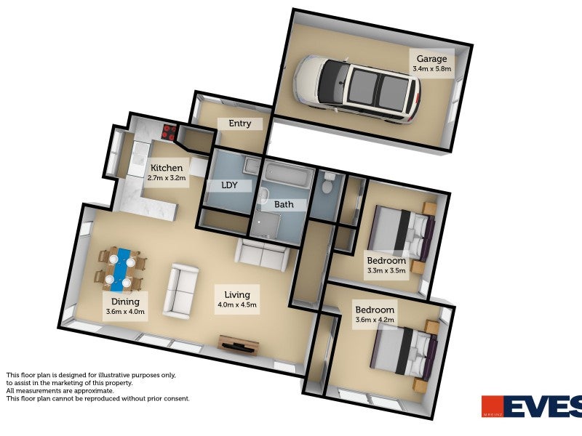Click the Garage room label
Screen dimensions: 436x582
(432, 59)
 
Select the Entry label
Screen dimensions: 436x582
(240, 124)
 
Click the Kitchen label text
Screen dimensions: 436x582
(167, 168)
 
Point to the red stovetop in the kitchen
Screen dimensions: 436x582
(169, 132)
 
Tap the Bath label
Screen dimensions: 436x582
(284, 204)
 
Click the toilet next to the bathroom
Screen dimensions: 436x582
(327, 186)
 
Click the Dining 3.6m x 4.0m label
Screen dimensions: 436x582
(125, 307)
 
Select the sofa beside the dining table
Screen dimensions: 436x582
(180, 291)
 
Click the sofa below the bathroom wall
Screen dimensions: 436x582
(261, 254)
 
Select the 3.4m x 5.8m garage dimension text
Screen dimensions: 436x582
(432, 69)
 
